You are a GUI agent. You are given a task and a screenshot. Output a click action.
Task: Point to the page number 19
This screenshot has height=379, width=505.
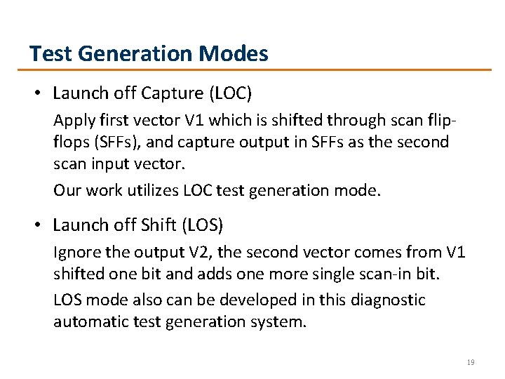[x=471, y=363]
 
